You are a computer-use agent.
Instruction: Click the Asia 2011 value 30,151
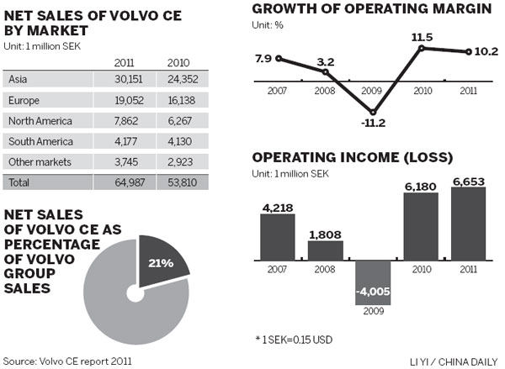[x=130, y=80]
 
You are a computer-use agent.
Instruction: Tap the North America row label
[x=37, y=120]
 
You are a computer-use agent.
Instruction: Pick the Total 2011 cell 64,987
[x=130, y=182]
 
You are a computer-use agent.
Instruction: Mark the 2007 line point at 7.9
[x=279, y=59]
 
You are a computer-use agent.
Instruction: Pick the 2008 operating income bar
[x=325, y=250]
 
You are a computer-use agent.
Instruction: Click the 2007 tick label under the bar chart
[x=277, y=269]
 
